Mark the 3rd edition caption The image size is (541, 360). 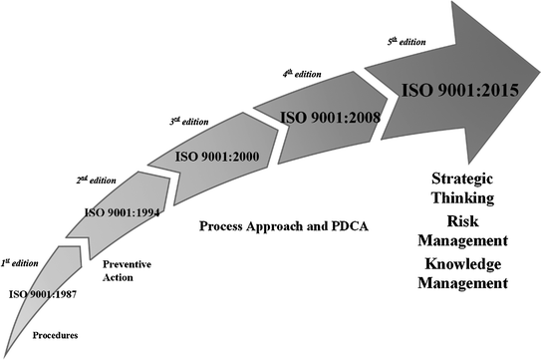pos(188,121)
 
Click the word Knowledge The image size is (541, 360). pos(466,263)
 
